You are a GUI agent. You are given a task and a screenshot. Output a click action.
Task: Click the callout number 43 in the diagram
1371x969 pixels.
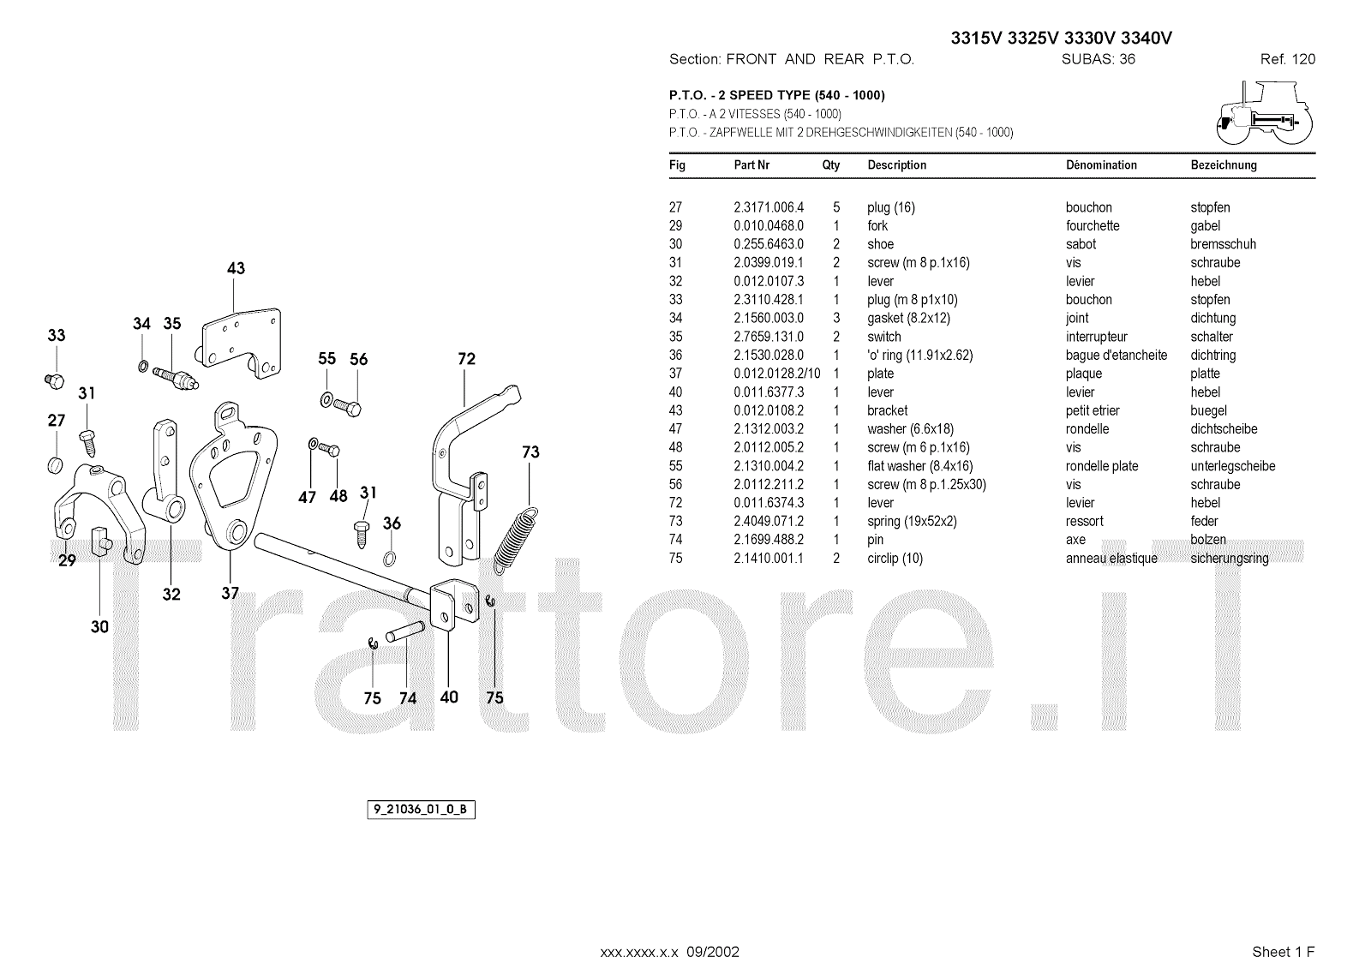click(236, 268)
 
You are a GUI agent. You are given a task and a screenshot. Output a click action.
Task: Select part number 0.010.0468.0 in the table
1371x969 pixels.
click(769, 226)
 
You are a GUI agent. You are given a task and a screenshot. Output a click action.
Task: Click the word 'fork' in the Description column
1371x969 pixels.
click(877, 226)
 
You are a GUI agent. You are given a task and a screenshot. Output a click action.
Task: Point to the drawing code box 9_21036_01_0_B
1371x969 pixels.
click(421, 810)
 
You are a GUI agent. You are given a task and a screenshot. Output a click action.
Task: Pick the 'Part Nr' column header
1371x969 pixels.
click(751, 165)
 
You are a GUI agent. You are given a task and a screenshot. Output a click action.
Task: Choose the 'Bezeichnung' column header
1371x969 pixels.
click(1224, 165)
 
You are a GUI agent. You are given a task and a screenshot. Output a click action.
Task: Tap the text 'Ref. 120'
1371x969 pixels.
click(1287, 59)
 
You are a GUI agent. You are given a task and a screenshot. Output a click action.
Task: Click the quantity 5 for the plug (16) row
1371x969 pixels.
click(836, 207)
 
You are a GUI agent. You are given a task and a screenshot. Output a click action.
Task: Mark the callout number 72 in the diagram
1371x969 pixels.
click(466, 359)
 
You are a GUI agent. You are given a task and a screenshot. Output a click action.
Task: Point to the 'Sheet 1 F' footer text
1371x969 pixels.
click(1283, 952)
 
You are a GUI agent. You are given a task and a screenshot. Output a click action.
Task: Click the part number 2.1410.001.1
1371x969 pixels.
click(769, 559)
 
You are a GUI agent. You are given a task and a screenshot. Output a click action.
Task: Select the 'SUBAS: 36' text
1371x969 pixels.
click(1098, 59)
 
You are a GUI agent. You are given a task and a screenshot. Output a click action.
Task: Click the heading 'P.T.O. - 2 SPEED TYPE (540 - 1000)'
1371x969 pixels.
click(776, 95)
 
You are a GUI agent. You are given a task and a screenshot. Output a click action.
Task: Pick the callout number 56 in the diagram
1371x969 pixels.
click(358, 360)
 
